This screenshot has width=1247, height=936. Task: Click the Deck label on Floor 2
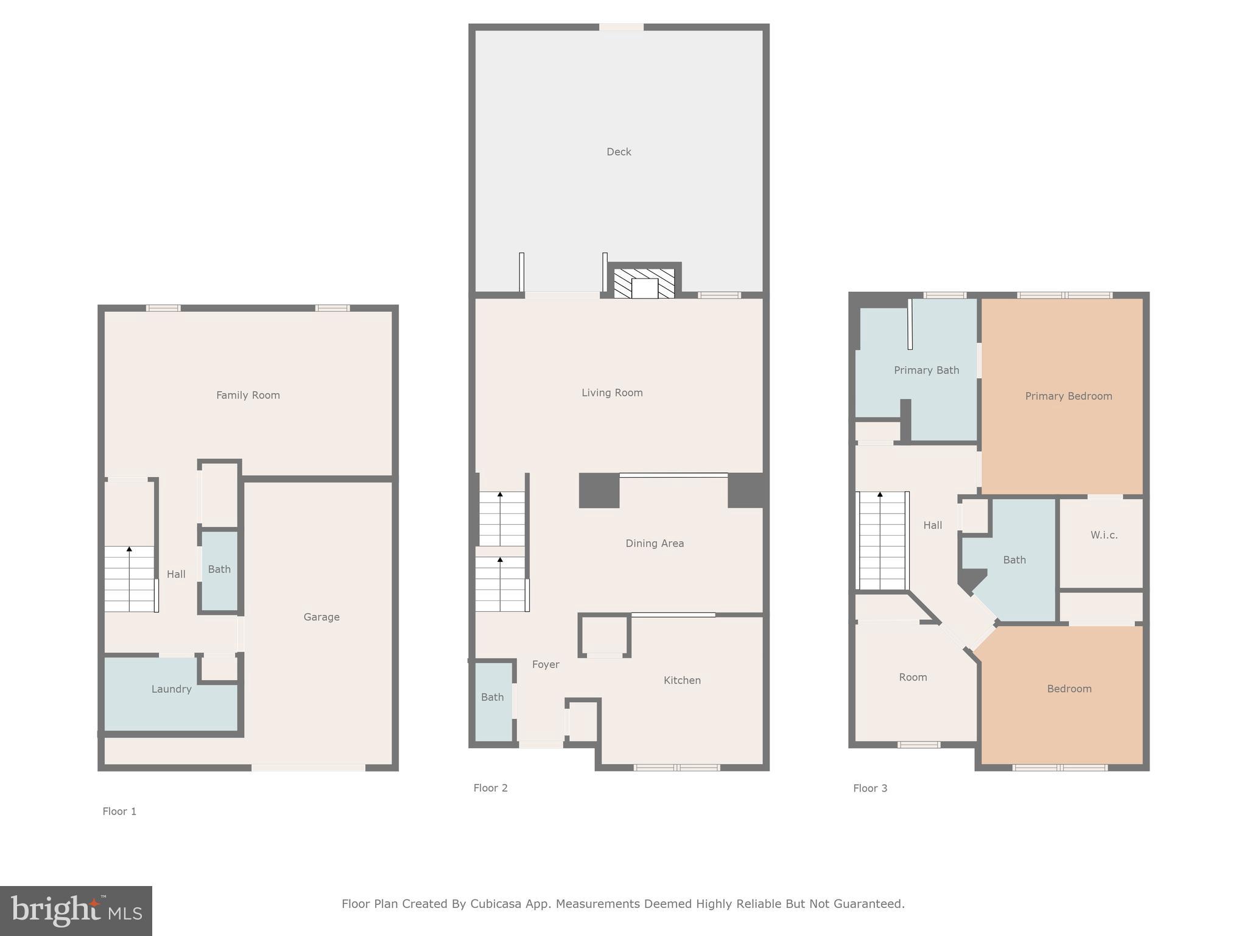tap(619, 152)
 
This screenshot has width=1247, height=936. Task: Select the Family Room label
tap(248, 395)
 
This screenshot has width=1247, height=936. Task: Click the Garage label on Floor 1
tap(321, 617)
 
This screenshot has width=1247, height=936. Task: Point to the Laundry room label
tap(171, 689)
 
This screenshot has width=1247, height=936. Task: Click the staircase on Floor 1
tap(129, 579)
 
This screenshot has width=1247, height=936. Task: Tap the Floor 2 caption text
tap(490, 788)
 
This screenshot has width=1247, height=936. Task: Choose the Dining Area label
tap(655, 543)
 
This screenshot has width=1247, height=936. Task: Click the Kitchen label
tap(682, 680)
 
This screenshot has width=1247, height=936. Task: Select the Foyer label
tap(546, 664)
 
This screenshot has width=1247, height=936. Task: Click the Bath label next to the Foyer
tap(492, 697)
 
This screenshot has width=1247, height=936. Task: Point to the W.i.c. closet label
tap(1104, 535)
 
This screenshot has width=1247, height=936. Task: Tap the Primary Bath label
tap(926, 370)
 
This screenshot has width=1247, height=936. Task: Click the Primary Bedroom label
tap(1069, 396)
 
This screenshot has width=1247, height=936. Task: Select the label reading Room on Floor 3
tap(913, 677)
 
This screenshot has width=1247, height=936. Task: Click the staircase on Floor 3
tap(882, 541)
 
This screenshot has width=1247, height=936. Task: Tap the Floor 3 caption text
tap(870, 788)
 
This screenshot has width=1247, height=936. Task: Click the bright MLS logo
tap(76, 911)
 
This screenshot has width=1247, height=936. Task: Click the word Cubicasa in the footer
tap(496, 904)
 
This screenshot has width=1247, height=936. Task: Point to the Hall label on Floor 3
tap(932, 525)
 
